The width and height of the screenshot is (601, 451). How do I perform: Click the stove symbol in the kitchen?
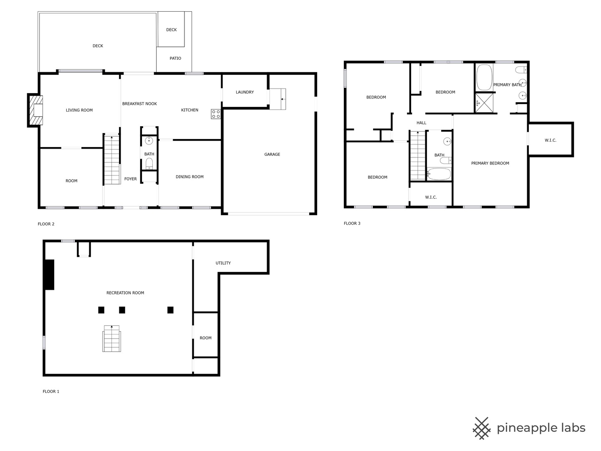click(215, 114)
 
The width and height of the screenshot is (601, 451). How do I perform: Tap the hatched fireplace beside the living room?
click(35, 110)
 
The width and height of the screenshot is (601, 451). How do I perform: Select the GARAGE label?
click(272, 155)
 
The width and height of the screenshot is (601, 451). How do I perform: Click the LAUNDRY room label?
click(245, 92)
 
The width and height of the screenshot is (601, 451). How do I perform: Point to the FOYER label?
click(130, 179)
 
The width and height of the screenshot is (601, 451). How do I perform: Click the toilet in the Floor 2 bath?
click(149, 164)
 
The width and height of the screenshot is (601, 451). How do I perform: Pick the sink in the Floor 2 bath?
click(149, 140)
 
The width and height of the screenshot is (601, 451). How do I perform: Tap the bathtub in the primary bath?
click(484, 77)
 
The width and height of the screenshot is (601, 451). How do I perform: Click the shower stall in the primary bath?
click(484, 103)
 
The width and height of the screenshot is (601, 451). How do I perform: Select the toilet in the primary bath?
click(521, 70)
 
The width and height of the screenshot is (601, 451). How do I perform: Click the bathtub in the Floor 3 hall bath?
click(439, 174)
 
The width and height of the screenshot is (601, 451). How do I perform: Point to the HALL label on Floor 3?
click(421, 123)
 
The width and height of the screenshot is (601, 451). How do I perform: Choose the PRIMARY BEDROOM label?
click(490, 163)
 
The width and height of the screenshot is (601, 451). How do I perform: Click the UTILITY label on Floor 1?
click(223, 263)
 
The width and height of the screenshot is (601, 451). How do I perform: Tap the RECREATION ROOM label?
click(125, 293)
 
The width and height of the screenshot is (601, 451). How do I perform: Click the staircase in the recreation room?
click(112, 338)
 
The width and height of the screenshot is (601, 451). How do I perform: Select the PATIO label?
click(175, 58)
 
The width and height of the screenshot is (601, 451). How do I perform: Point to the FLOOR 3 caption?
click(352, 223)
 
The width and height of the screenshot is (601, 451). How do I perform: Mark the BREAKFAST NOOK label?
click(139, 104)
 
